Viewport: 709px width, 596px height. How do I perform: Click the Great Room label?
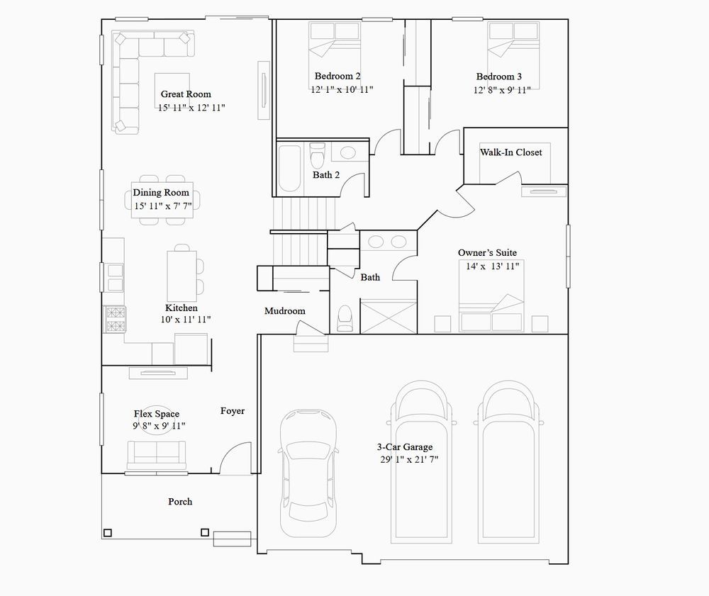[x=186, y=94]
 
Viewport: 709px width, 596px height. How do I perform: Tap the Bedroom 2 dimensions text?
[x=342, y=89]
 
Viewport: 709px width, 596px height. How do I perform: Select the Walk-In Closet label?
[x=511, y=152]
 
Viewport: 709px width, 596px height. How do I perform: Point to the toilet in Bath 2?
[x=318, y=154]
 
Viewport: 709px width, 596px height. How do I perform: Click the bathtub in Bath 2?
[x=289, y=168]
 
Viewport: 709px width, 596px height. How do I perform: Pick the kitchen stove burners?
[x=115, y=320]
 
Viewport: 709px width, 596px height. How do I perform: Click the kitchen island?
[x=182, y=276]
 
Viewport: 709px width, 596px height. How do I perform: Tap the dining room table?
[x=162, y=200]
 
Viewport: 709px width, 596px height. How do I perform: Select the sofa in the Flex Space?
[x=157, y=456]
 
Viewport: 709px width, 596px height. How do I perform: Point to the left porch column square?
[x=108, y=533]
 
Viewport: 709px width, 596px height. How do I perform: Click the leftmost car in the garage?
[x=308, y=473]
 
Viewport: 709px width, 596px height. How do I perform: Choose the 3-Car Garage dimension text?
[x=409, y=460]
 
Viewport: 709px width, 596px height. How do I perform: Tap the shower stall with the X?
[x=389, y=316]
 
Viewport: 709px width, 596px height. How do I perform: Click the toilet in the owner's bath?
[x=345, y=318]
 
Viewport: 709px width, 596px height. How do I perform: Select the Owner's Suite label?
[x=487, y=252]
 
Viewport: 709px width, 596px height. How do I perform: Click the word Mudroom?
[x=285, y=311]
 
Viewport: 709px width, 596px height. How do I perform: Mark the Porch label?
[x=180, y=502]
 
